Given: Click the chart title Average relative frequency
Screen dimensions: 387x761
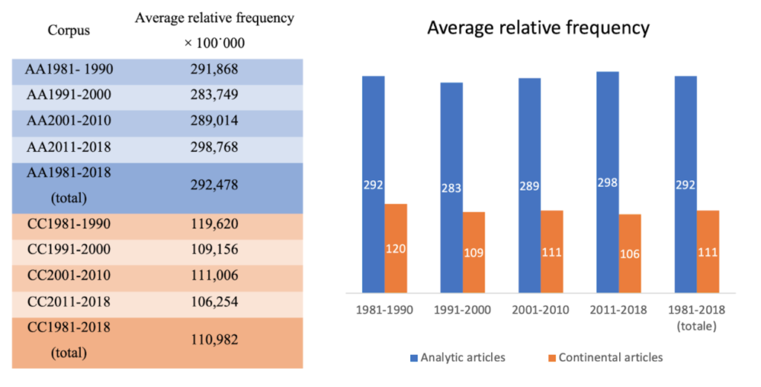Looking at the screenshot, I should coord(538,29).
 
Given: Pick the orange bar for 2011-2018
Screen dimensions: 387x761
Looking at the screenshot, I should coord(629,253).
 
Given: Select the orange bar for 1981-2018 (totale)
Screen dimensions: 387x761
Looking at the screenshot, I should coord(707,252).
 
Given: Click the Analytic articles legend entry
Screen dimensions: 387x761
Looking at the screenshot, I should coord(456,357).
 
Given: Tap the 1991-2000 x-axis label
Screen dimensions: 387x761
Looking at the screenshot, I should coord(462,309).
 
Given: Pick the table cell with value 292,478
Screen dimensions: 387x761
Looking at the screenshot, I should coord(214,185).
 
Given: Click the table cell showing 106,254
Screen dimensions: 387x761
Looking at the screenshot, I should coord(214,301).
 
